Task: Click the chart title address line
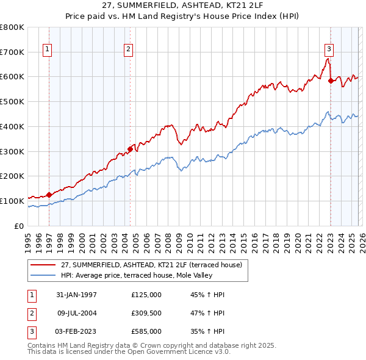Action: coord(182,5)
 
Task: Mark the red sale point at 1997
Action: coord(49,195)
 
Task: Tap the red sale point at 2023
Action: coord(331,81)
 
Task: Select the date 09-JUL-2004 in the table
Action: coord(77,313)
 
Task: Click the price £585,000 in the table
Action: coord(146,331)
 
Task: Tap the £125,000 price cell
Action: coord(146,295)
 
